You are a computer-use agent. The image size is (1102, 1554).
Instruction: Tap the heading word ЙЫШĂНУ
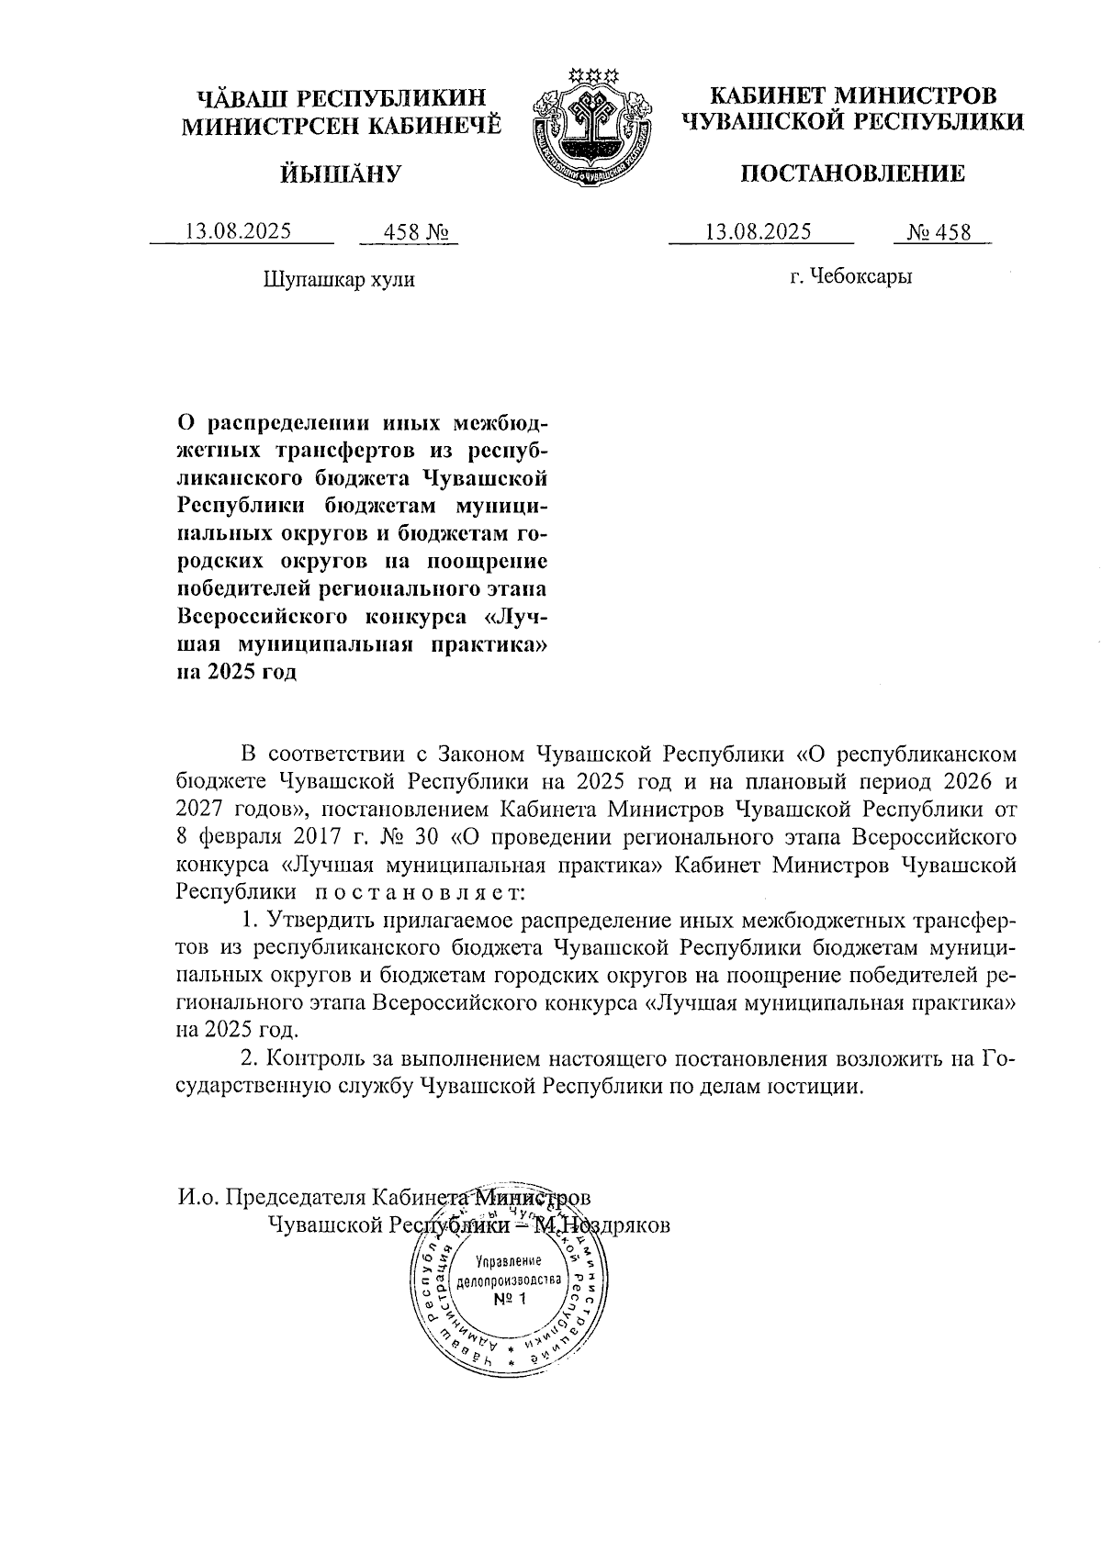coord(342,173)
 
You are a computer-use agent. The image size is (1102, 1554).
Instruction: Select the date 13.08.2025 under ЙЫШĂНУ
coord(239,231)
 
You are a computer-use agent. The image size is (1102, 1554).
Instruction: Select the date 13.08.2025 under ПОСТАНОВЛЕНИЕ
coord(759,231)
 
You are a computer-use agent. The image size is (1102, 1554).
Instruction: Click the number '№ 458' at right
coord(939,232)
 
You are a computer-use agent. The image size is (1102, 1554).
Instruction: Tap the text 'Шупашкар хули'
coord(339,279)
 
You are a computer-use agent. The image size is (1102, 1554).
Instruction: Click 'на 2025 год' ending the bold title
coord(236,672)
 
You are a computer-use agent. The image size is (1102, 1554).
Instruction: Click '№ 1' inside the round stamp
coord(508,1299)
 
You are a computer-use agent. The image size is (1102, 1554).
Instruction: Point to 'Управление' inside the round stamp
coord(509,1261)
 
